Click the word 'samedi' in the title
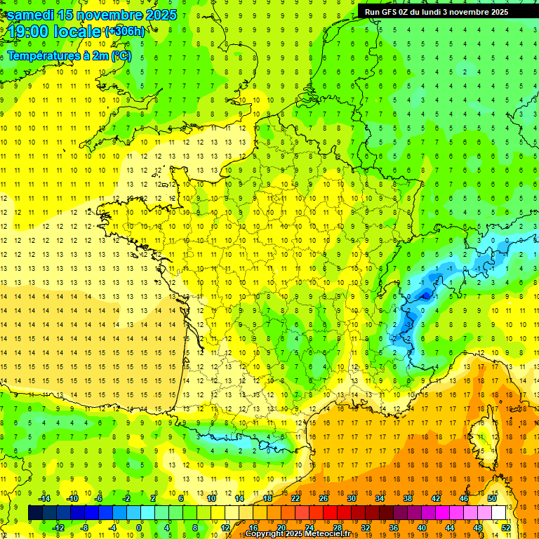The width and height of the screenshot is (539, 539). click(x=31, y=15)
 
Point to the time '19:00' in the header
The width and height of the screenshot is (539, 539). click(x=30, y=32)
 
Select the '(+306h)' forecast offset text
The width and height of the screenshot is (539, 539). click(x=125, y=32)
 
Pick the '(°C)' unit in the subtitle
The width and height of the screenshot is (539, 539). click(x=121, y=55)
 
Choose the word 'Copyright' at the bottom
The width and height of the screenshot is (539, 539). click(x=265, y=534)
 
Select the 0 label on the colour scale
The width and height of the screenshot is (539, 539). click(x=139, y=528)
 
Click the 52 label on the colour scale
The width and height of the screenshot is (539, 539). click(x=506, y=528)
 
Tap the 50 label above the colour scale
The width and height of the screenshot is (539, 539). click(x=492, y=498)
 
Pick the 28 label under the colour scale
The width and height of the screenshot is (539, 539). click(x=338, y=528)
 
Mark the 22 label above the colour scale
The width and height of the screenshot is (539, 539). click(x=295, y=498)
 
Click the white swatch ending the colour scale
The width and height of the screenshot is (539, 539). click(x=499, y=513)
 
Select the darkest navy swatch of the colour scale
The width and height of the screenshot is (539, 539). click(x=36, y=513)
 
